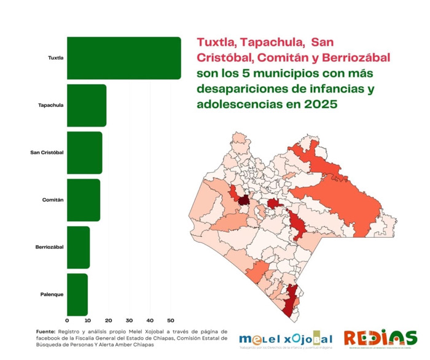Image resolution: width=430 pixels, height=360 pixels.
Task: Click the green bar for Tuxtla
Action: [x=123, y=58]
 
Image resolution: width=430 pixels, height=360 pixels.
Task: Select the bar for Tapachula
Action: [x=86, y=106]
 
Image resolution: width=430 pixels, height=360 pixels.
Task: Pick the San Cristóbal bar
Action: [x=84, y=152]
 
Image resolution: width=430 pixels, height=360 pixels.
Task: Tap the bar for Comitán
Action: [x=83, y=200]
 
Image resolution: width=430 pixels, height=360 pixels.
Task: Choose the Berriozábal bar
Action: [x=78, y=247]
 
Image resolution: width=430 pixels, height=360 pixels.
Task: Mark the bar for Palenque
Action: [x=77, y=294]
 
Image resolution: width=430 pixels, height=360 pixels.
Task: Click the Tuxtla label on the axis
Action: [x=56, y=58]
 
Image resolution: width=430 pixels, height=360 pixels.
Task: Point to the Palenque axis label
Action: [x=52, y=294]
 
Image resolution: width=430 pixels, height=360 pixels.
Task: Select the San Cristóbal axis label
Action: [x=47, y=152]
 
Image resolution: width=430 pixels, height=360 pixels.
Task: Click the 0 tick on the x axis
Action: [x=67, y=321]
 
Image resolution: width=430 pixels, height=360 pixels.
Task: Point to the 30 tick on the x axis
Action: [x=129, y=321]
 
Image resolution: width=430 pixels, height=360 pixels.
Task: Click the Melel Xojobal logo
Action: [x=286, y=339]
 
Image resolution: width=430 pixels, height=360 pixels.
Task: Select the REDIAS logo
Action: [x=380, y=338]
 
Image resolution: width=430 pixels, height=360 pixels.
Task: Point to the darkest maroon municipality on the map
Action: [x=244, y=200]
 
